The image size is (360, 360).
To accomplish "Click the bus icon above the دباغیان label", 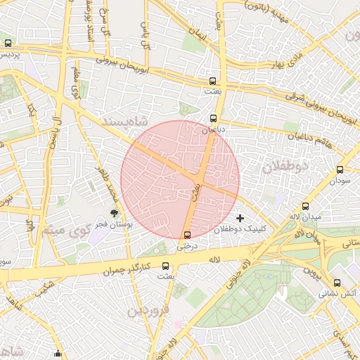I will pos(214,118).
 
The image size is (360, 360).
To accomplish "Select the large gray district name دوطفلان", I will pos(286,167).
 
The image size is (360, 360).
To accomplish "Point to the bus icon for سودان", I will pos(340,169).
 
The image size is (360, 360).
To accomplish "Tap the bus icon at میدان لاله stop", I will pos(305,206).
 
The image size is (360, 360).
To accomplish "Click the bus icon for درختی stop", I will pos(187,235).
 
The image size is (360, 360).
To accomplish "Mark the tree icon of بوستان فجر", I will pos(114,213).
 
